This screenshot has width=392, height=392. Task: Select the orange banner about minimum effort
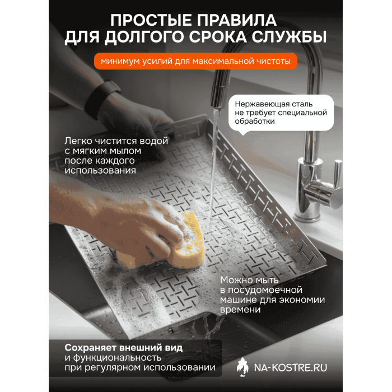[x=195, y=61]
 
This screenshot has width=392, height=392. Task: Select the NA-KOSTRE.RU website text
[x=291, y=366]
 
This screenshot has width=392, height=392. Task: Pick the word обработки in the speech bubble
[x=255, y=122]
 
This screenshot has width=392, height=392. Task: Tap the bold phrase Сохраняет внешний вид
[x=124, y=347]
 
